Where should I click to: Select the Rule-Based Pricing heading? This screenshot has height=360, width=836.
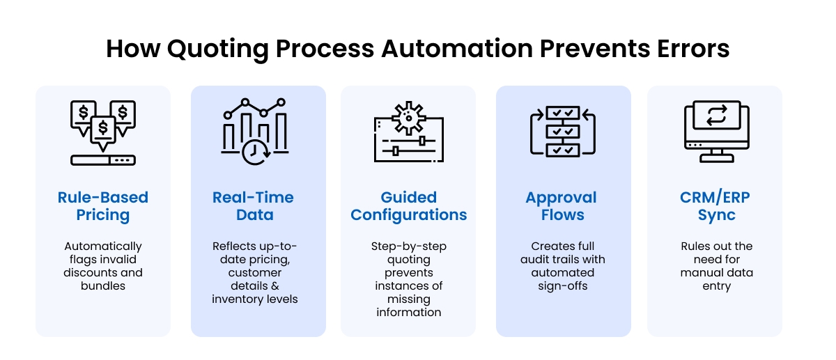[x=103, y=205]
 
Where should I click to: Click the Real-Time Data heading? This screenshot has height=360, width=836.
[x=254, y=205]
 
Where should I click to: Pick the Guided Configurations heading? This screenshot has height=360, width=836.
[x=409, y=205]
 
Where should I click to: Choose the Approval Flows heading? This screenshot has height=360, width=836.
[x=562, y=205]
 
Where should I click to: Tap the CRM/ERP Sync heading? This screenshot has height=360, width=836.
[x=715, y=205]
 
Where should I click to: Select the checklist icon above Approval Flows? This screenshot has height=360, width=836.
[x=562, y=131]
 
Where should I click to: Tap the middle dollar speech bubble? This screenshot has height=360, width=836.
[x=103, y=128]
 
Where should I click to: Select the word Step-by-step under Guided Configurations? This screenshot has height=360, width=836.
[x=409, y=246]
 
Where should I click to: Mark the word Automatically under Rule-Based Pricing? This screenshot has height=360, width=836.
[x=103, y=246]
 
